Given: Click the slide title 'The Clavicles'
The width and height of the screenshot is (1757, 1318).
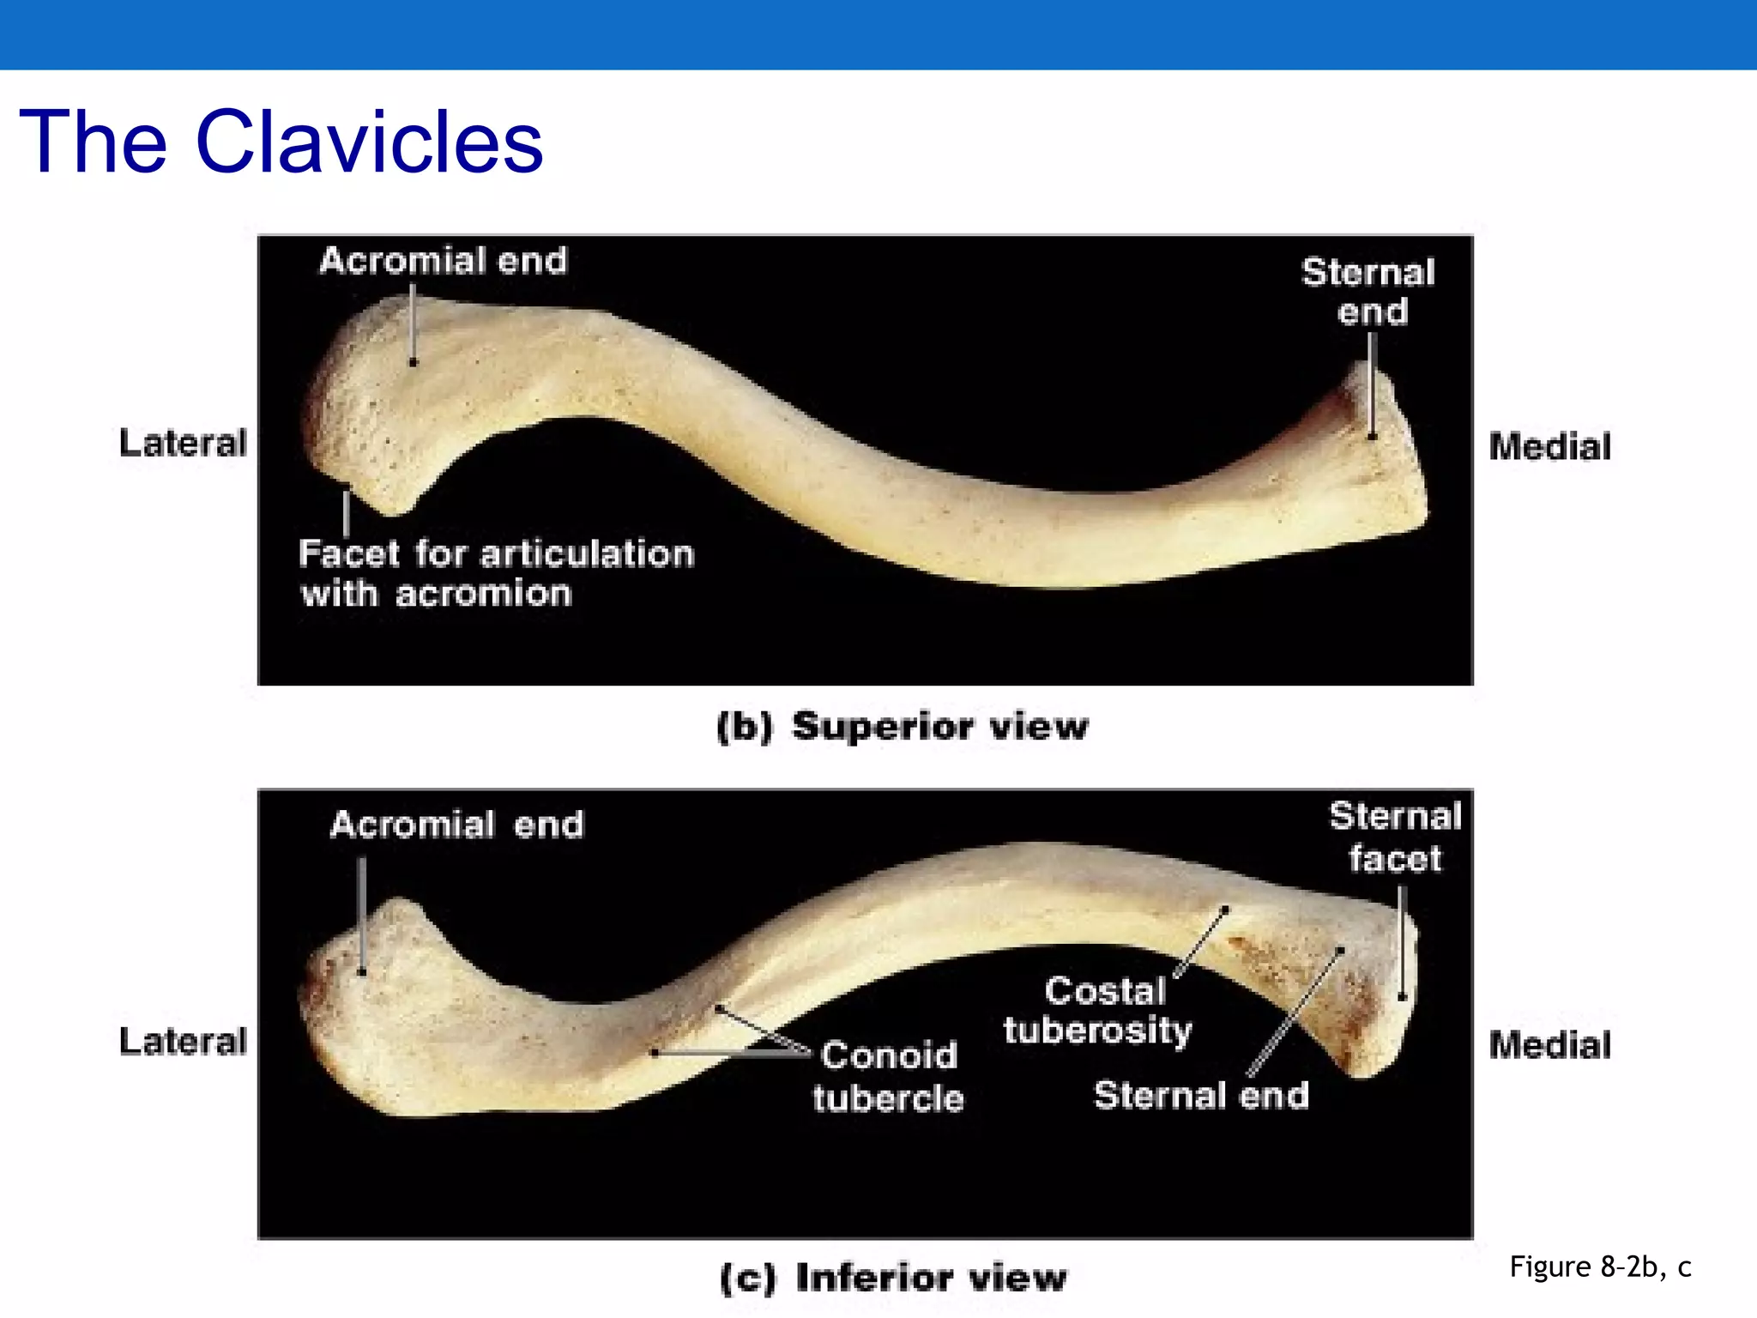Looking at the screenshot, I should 281,142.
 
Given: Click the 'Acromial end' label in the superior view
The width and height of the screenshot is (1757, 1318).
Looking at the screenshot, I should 444,261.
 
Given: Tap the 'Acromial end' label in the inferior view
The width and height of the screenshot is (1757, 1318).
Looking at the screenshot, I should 456,825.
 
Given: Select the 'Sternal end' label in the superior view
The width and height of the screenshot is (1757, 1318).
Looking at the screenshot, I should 1369,292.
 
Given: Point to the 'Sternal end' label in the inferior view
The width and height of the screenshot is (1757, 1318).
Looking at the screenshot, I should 1201,1096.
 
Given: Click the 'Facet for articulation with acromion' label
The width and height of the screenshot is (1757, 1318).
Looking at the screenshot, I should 495,573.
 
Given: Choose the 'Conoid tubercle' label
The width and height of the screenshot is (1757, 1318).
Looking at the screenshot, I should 888,1076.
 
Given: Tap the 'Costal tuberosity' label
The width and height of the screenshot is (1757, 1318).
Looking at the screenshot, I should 1099,1010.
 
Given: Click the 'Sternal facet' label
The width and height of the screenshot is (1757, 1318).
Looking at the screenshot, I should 1395,837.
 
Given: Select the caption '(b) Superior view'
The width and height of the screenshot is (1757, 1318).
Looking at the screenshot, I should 903,727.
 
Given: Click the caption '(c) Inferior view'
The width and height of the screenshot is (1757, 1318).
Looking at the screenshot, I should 894,1278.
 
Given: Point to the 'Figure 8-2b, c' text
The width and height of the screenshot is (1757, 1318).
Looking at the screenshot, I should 1600,1267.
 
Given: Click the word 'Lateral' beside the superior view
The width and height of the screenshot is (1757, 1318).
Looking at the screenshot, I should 183,444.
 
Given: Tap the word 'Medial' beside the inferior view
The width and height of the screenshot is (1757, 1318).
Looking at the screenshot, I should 1549,1045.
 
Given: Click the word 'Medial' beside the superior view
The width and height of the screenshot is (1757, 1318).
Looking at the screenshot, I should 1549,447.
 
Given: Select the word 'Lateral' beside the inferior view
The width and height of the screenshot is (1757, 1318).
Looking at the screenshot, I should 183,1042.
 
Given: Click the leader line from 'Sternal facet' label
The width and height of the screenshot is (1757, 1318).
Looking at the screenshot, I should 1402,944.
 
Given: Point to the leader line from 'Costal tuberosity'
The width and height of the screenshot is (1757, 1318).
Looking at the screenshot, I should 1201,942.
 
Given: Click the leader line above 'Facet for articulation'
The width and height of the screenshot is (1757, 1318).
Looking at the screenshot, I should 346,513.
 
